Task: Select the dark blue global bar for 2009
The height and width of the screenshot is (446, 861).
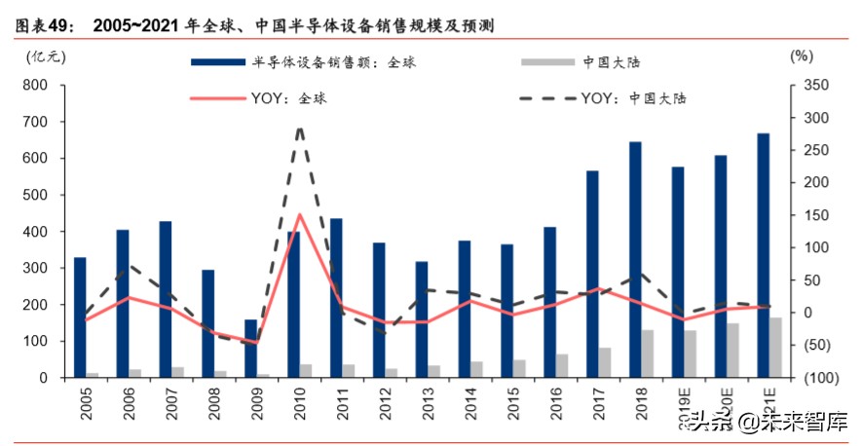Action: [x=250, y=349]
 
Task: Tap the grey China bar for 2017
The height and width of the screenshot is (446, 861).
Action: [x=605, y=362]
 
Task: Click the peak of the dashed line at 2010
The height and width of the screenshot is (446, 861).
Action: [x=299, y=128]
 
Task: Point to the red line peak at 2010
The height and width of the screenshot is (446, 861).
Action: [x=299, y=215]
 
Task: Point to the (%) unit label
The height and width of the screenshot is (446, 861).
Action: [x=801, y=56]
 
